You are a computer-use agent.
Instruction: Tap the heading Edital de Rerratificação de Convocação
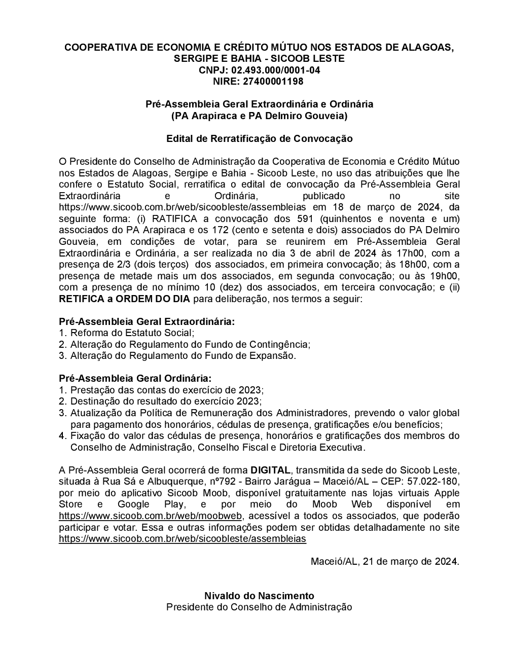pyautogui.click(x=259, y=138)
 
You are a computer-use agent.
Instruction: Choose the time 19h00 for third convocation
pyautogui.click(x=444, y=276)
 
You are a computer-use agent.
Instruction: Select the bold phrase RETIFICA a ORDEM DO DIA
pyautogui.click(x=125, y=299)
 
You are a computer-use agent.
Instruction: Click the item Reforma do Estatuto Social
pyautogui.click(x=131, y=333)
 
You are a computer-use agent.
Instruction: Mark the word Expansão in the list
pyautogui.click(x=276, y=355)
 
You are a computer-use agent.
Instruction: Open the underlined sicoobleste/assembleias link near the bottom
pyautogui.click(x=183, y=538)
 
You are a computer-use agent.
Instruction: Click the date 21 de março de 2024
pyautogui.click(x=410, y=562)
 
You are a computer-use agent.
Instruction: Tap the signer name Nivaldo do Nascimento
pyautogui.click(x=259, y=596)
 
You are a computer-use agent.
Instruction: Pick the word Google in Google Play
pyautogui.click(x=133, y=504)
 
